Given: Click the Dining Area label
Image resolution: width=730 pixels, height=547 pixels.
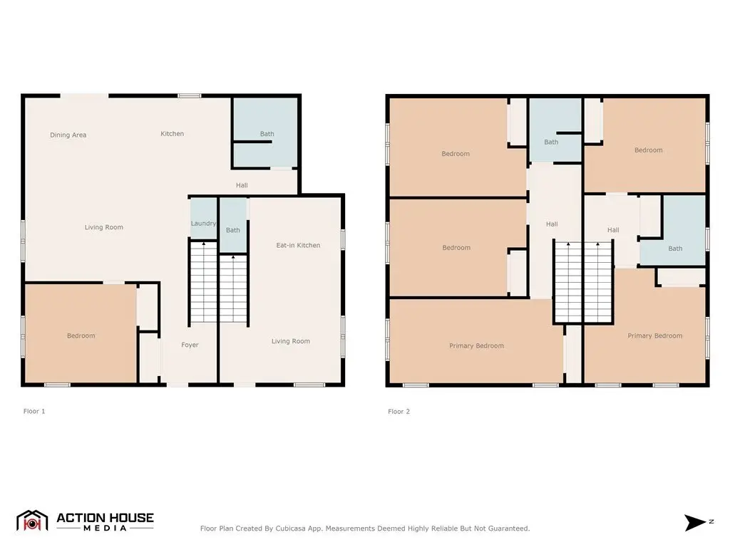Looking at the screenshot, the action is (x=68, y=135).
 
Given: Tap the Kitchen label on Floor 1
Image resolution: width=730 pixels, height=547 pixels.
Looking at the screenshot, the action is (x=173, y=133).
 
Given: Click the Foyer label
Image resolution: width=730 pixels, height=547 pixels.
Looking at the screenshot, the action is (x=190, y=345).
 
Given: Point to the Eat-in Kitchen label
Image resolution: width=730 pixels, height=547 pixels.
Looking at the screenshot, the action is (x=298, y=245).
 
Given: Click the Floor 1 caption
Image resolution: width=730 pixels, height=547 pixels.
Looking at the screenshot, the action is (x=34, y=411).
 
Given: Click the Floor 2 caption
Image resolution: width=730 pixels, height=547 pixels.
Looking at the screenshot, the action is (x=399, y=411).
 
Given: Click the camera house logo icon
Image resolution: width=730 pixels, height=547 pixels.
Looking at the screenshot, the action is (x=32, y=521).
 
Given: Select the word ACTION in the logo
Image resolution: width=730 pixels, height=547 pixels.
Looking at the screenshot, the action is (x=83, y=518).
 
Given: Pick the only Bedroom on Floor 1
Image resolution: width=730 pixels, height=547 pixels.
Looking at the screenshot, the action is (x=81, y=335).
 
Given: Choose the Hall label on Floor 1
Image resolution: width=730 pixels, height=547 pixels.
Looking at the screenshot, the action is (x=242, y=185).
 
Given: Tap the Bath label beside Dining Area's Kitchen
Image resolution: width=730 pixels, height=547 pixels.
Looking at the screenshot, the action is (x=267, y=133).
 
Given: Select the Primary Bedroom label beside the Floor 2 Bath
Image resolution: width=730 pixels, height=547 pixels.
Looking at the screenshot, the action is (x=654, y=335).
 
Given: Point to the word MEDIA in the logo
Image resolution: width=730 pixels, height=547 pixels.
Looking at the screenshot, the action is (x=106, y=528).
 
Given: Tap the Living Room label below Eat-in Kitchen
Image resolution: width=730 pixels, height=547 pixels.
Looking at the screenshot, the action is (x=291, y=341).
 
